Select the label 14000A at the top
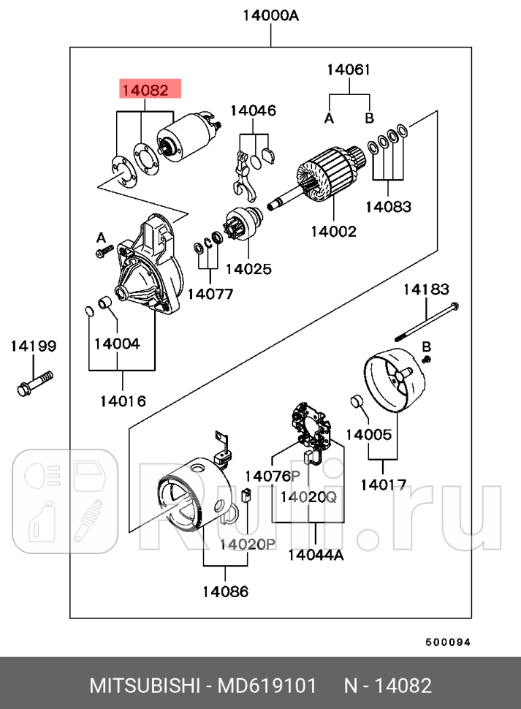tap(270, 15)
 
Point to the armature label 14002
tap(333, 231)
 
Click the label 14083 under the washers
tap(388, 207)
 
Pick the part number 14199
tap(33, 346)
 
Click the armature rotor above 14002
tap(325, 179)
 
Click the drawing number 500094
tap(448, 642)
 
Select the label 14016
tap(123, 401)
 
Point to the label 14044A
tap(316, 554)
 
